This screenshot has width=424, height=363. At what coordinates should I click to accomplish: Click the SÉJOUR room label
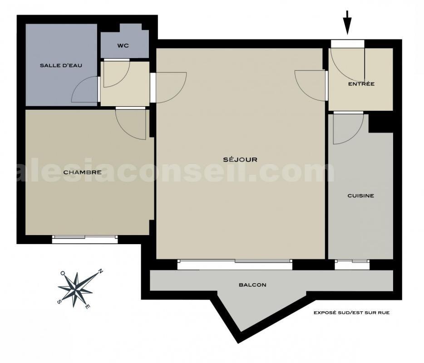[240, 159]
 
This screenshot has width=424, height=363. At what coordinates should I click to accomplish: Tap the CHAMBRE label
[82, 172]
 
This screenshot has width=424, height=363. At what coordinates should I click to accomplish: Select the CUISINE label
[360, 196]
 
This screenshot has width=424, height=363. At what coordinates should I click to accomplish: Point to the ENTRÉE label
[361, 84]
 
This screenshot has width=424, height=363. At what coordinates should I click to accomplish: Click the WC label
[123, 45]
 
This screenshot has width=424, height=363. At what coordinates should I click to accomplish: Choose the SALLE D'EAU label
[61, 65]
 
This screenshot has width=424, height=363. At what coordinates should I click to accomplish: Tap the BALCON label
[252, 285]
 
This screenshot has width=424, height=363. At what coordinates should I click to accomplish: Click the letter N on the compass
[100, 272]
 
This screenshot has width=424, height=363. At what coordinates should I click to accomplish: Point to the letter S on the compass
[59, 302]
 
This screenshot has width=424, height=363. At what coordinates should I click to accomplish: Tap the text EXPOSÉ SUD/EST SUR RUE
[351, 313]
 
